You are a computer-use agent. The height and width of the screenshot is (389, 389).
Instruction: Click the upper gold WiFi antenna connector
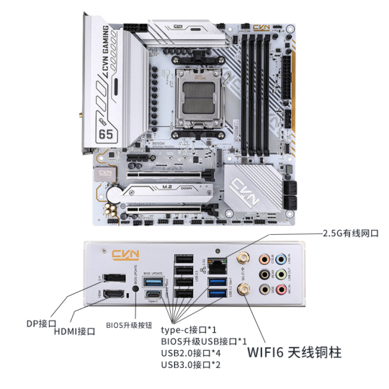[242, 257]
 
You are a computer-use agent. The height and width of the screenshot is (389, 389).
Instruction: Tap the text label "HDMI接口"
[76, 331]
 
